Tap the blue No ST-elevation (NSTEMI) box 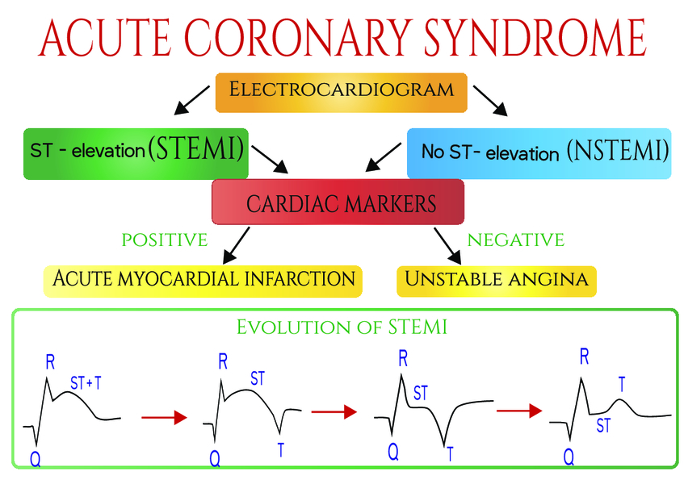(539, 151)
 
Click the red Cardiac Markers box (338, 202)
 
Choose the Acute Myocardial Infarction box (203, 279)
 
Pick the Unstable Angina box (496, 280)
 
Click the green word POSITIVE (164, 240)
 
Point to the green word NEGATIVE (515, 240)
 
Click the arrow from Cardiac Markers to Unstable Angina (448, 245)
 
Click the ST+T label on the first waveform (86, 383)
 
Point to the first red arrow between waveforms (164, 417)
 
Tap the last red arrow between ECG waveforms (518, 411)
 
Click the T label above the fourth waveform (621, 385)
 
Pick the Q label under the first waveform (35, 459)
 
